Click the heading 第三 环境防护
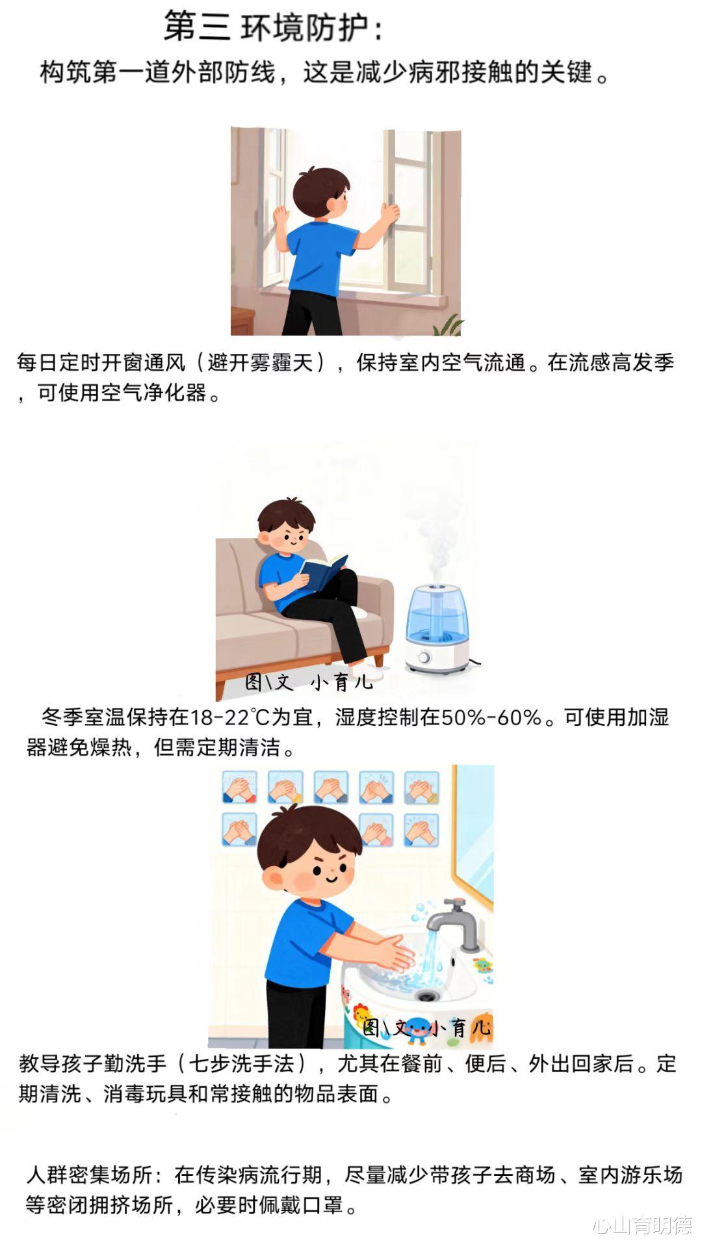[x=273, y=26]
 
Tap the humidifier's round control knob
[x=424, y=658]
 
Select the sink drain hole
[x=426, y=996]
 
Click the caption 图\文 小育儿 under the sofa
[x=309, y=682]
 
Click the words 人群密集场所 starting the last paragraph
[x=90, y=1175]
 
